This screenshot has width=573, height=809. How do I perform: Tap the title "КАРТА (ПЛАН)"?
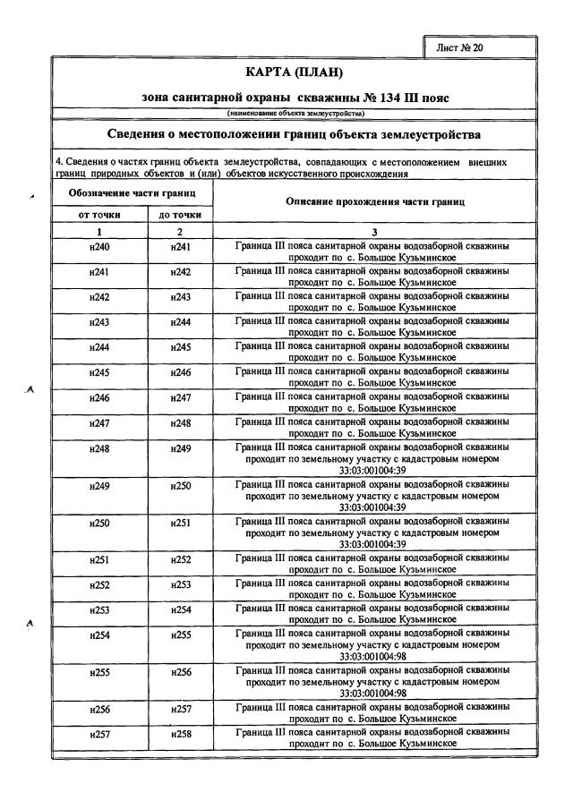click(294, 72)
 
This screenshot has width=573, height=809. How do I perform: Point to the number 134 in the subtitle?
click(395, 96)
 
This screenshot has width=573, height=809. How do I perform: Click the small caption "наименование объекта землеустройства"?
click(294, 114)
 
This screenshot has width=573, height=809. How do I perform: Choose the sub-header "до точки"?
click(181, 215)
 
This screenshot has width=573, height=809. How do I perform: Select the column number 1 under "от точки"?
click(98, 231)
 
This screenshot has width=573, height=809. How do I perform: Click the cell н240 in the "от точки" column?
click(99, 246)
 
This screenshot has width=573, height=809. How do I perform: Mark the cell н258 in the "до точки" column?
click(181, 734)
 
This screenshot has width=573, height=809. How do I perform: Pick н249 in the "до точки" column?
click(181, 448)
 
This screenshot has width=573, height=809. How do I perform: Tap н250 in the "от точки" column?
click(99, 522)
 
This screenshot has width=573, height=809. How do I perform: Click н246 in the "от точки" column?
click(99, 396)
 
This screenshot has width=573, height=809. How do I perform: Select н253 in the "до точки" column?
click(181, 584)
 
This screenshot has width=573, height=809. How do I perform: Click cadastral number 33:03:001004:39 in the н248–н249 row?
click(372, 470)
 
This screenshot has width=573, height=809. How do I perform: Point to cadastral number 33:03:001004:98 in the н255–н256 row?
click(372, 692)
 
